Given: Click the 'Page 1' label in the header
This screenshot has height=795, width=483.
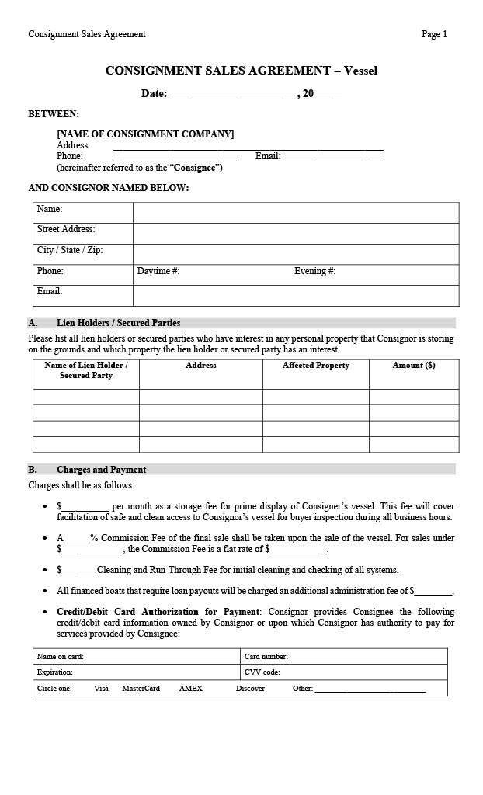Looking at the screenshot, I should click(434, 34).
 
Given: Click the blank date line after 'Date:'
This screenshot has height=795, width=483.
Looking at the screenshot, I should click(233, 95).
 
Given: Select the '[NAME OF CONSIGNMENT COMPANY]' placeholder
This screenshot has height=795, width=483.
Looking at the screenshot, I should click(145, 134).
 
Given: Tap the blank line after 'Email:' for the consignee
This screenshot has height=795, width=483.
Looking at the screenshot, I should click(332, 157).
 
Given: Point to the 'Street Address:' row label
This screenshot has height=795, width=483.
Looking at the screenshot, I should click(66, 230).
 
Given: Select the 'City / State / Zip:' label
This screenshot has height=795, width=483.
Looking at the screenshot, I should click(70, 251).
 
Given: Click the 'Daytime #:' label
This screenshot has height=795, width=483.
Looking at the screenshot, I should click(158, 272).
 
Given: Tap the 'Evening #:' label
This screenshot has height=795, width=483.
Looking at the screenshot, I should click(314, 272).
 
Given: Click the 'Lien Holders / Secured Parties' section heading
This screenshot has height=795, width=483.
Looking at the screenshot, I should click(118, 323).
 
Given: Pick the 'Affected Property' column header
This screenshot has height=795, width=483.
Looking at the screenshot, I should click(315, 366).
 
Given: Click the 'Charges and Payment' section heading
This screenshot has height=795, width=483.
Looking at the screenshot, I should click(101, 470).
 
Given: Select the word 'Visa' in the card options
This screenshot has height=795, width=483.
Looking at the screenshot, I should click(101, 689).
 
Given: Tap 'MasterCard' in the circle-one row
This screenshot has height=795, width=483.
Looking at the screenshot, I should click(141, 689).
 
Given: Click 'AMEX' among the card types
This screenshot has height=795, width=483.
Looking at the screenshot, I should click(190, 689).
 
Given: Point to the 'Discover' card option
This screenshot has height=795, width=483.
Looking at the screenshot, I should click(250, 689).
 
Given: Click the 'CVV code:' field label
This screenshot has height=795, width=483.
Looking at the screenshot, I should click(262, 672).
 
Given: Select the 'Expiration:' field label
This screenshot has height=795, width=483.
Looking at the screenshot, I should click(54, 672).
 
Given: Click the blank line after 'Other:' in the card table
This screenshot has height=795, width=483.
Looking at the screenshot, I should click(370, 689).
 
